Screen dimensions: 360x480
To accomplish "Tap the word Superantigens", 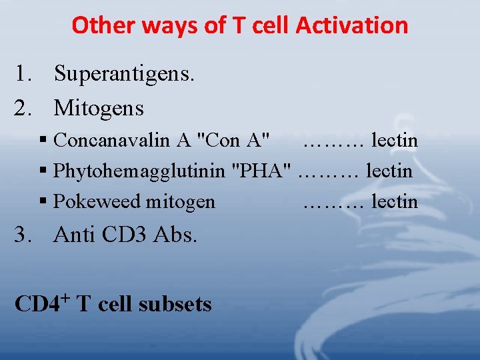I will [124, 74].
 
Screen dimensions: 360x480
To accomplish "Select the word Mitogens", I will [99, 107].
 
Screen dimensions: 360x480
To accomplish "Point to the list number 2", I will [22, 107].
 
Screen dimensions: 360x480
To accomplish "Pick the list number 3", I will [22, 235].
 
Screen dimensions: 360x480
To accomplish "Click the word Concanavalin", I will [113, 141].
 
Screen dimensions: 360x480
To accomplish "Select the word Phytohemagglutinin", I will [139, 171].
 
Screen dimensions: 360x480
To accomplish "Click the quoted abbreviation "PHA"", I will [261, 171].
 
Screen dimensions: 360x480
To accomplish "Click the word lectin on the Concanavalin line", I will [395, 141].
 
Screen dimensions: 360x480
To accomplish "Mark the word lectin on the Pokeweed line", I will [395, 201].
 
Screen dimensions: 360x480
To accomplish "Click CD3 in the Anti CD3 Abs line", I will [129, 235].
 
